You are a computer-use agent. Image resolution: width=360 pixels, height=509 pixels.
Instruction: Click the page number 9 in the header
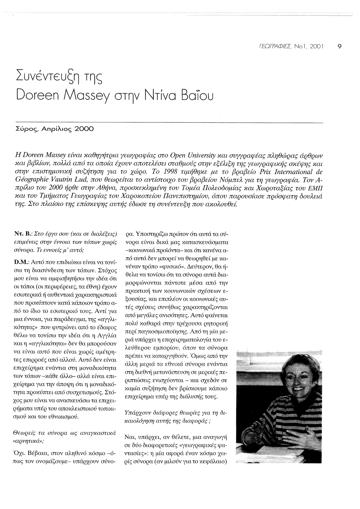(x=340, y=47)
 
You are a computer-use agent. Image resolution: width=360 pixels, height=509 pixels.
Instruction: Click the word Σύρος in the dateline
(x=22, y=130)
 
